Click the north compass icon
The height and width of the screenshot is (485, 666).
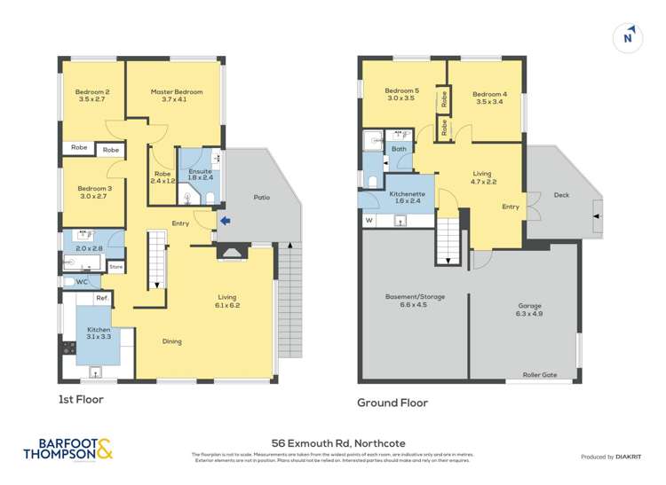pos(629,36)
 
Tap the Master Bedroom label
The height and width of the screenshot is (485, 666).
pos(177,92)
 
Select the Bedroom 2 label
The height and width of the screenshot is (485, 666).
pos(93,92)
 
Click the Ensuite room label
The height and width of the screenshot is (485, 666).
pos(200,170)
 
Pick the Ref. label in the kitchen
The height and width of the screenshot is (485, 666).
pos(102,298)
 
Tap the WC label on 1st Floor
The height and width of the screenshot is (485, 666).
pos(82,282)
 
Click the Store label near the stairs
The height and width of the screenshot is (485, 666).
pos(115,266)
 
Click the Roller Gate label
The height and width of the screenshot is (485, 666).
pos(539,375)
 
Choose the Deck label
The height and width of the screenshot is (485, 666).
pos(560,195)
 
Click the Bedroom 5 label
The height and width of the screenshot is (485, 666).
pos(401,90)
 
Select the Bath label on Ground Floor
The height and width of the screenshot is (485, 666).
pos(400,149)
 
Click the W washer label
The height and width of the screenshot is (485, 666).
pos(369,219)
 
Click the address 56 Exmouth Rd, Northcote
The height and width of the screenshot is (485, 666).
pos(332,440)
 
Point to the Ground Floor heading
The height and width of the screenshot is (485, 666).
pos(392,403)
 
